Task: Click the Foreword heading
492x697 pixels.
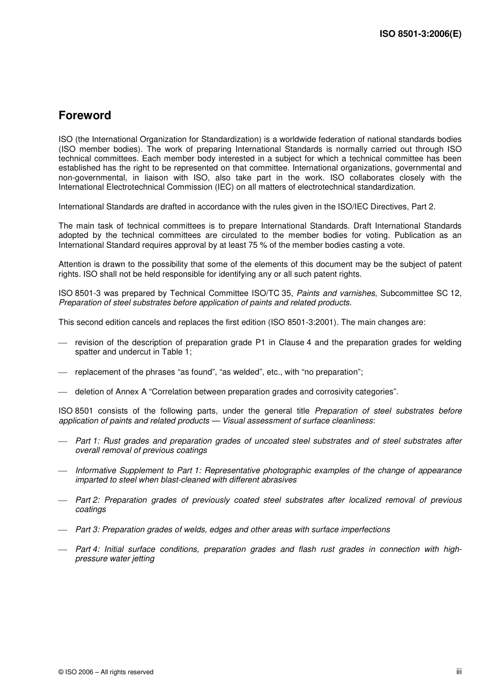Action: (84, 116)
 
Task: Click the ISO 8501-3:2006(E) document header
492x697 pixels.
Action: (420, 34)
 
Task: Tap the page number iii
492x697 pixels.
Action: (459, 671)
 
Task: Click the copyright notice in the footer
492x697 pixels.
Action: (106, 672)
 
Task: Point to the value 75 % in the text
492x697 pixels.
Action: (295, 245)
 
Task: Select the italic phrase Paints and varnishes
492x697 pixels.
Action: (336, 293)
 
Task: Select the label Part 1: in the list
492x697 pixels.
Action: (88, 441)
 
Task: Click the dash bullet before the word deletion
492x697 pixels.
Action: (63, 392)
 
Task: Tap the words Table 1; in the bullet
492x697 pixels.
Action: (178, 352)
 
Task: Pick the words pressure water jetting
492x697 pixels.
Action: (114, 559)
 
